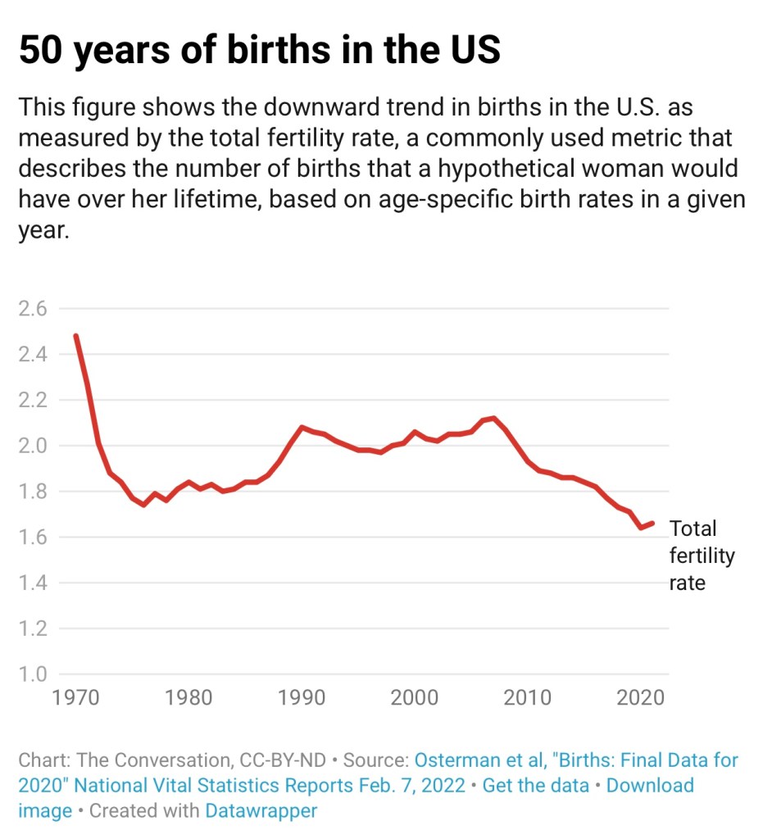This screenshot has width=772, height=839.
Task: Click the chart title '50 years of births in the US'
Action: click(x=259, y=52)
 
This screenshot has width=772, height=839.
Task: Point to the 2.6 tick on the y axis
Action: click(x=33, y=309)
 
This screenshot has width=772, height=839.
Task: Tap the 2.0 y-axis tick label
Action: click(x=33, y=447)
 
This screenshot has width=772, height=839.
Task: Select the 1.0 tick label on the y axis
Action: click(x=33, y=675)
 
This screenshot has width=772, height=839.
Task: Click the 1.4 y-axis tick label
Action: click(x=33, y=583)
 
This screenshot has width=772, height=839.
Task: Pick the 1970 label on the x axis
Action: click(x=75, y=698)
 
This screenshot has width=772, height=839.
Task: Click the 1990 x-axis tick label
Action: click(x=302, y=698)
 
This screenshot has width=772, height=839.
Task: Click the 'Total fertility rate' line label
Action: click(x=701, y=556)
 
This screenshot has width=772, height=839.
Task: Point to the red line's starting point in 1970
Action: click(x=75, y=336)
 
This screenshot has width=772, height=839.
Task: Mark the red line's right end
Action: click(x=652, y=523)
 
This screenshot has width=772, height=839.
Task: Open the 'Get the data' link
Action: click(x=535, y=785)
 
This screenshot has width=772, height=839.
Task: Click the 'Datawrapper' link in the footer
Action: click(x=261, y=811)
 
